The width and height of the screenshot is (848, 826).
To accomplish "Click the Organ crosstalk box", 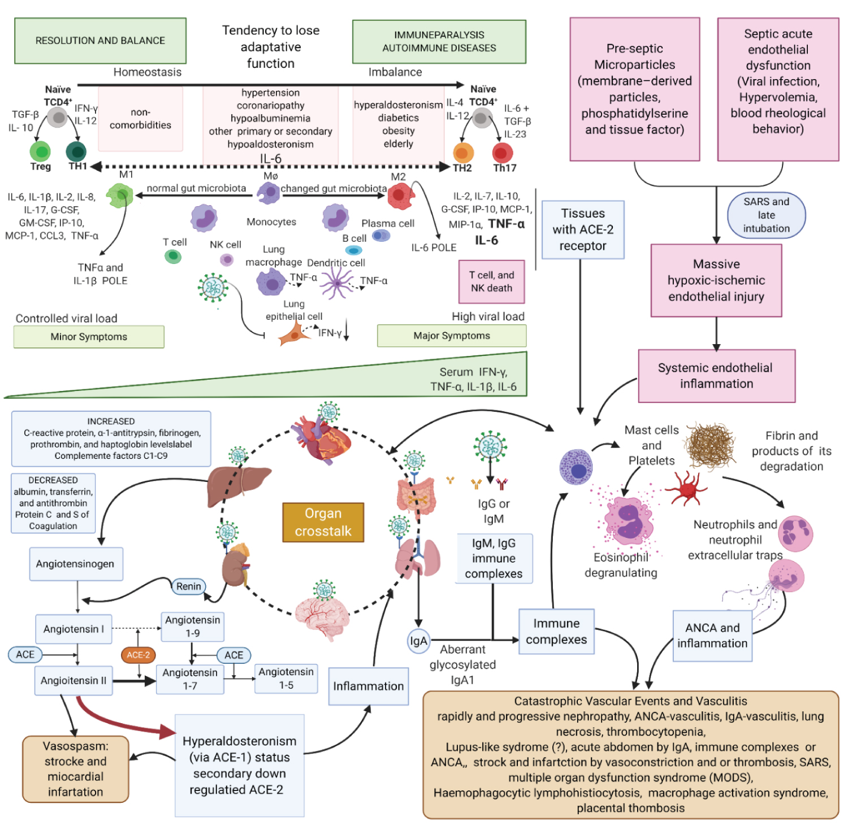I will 323,522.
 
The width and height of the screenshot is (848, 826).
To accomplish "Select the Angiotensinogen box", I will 76,564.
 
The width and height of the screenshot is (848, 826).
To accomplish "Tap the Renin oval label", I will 188,586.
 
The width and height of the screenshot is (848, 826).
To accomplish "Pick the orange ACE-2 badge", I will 138,655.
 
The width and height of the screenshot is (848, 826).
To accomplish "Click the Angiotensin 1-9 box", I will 192,627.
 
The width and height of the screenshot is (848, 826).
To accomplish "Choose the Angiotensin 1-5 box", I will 286,679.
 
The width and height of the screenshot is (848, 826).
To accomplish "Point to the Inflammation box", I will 369,686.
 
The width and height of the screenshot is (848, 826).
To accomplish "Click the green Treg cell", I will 40,151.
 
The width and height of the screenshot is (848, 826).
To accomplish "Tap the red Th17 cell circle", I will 503,153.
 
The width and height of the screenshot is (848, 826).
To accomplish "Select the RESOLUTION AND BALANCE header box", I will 100,41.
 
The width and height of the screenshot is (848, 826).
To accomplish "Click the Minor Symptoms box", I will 89,337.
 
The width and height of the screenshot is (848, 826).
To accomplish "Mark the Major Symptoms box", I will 452,336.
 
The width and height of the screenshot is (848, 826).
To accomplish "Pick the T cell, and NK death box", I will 491,281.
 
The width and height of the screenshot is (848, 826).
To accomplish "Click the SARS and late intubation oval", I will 766,215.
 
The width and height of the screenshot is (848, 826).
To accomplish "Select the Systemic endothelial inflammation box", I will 716,376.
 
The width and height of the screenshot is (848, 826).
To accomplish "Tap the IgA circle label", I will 418,641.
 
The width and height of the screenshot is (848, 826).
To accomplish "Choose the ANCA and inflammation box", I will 712,636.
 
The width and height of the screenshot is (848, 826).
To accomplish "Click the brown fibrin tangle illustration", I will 711,446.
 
